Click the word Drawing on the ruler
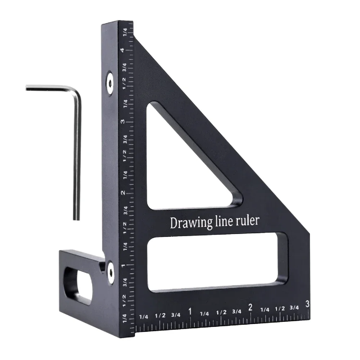pyautogui.click(x=188, y=222)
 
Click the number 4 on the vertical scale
pyautogui.click(x=123, y=50)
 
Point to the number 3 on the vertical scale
pyautogui.click(x=123, y=121)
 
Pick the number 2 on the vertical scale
pyautogui.click(x=123, y=193)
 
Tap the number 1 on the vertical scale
pyautogui.click(x=123, y=265)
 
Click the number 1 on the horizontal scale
pyautogui.click(x=190, y=311)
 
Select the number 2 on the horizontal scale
pyautogui.click(x=250, y=307)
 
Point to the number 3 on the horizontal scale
pyautogui.click(x=307, y=304)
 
